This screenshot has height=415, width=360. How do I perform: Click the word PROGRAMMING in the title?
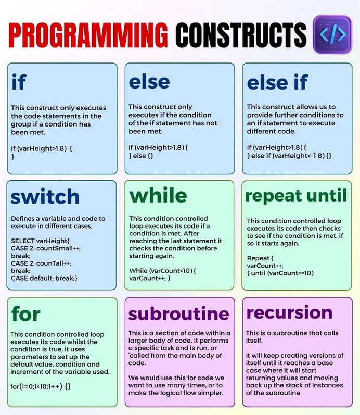pos(88,35)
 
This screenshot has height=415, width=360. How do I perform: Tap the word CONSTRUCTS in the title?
pos(241,35)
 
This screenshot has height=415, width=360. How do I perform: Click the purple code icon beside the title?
pos(332,34)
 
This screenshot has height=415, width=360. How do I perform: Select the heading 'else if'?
pos(277,82)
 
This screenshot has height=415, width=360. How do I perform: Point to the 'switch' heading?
pos(45,196)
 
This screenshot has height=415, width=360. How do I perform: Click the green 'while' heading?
pos(158,195)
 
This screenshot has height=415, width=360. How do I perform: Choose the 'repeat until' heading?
pos(296,196)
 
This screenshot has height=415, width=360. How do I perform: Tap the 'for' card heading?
pos(25,313)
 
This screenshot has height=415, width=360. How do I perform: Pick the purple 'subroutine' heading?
pos(178,313)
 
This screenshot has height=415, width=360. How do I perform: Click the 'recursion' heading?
pos(289,312)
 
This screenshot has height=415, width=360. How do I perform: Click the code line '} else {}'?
pos(141,156)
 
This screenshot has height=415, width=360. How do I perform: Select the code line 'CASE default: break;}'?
pos(44,278)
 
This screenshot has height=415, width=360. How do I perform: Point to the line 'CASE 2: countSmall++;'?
pos(46,248)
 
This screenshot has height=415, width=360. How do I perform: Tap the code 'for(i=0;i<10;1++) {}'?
pos(41,386)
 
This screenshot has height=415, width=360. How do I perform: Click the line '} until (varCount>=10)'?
pos(280,273)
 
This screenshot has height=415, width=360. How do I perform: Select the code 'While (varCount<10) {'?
pos(162,271)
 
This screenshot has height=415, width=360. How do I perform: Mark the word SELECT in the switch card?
pos(23,241)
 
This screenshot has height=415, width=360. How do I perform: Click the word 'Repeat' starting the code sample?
pos(258,258)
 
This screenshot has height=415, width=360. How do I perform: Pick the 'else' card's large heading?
pos(149,82)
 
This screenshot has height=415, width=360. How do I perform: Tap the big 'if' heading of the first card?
pos(19,82)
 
